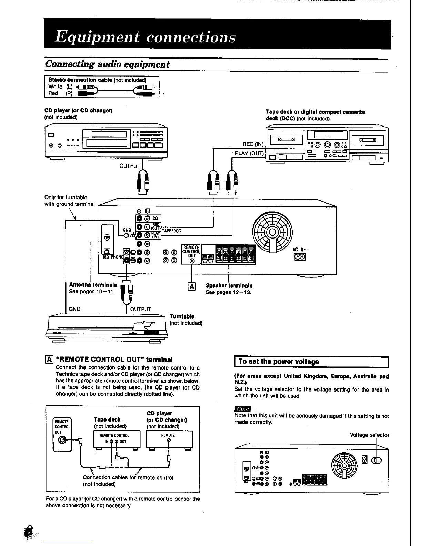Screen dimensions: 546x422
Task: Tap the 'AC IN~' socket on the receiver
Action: click(300, 257)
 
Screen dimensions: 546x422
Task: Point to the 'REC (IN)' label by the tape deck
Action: click(253, 144)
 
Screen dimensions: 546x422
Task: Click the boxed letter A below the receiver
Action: click(191, 286)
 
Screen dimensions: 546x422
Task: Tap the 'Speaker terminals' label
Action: click(229, 285)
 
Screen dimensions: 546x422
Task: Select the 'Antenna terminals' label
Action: click(93, 285)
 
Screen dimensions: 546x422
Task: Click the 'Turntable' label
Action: click(182, 316)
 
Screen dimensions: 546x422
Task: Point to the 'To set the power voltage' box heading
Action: click(279, 362)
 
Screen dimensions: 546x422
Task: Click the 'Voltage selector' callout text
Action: click(369, 435)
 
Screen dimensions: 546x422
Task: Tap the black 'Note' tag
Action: click(243, 409)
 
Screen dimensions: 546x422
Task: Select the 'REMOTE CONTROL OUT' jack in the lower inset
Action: click(62, 440)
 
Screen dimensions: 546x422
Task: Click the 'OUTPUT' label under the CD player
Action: click(130, 166)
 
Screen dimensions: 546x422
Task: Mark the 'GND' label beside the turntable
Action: click(74, 309)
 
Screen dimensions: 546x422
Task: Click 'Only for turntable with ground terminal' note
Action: click(69, 201)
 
